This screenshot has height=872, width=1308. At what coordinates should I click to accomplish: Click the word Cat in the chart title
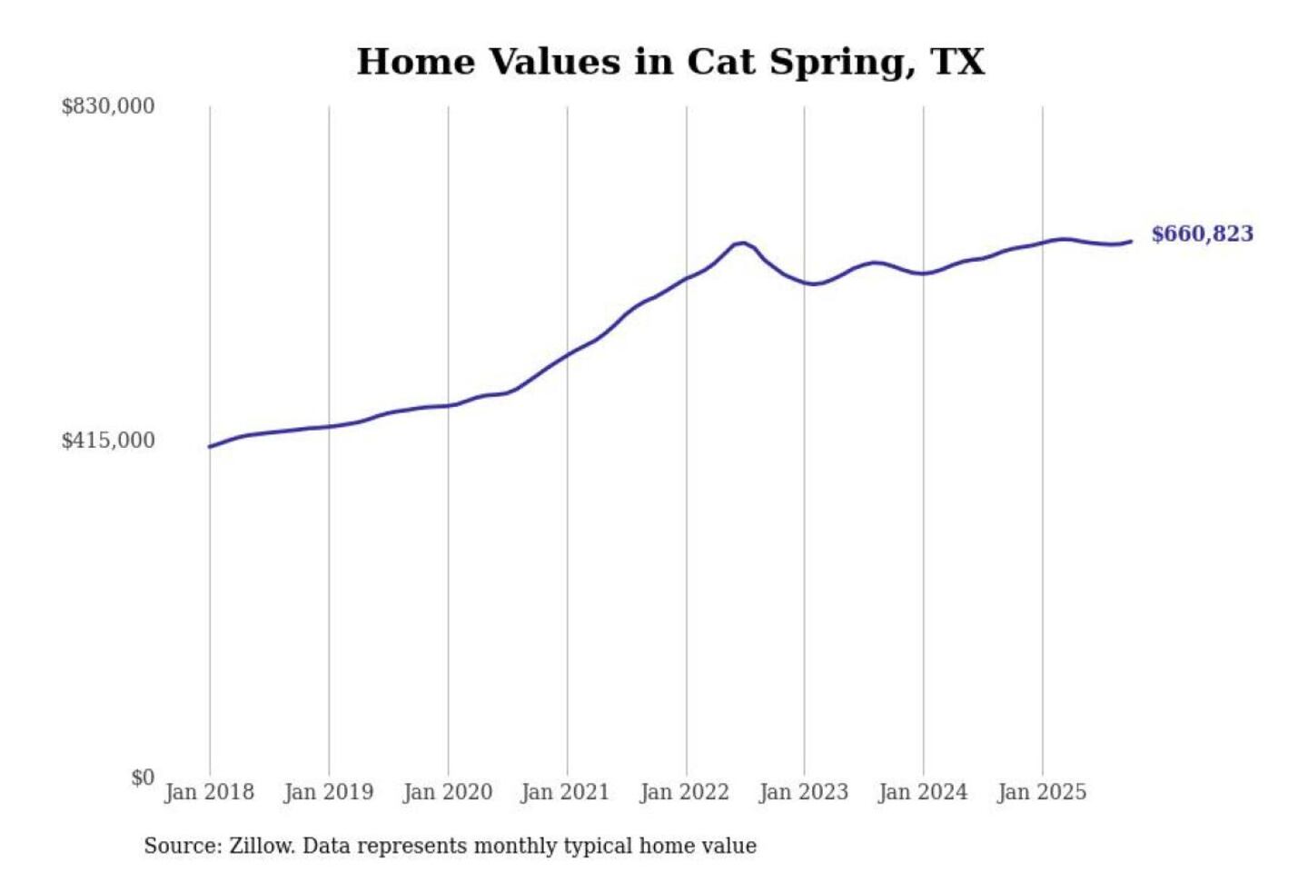pos(720,62)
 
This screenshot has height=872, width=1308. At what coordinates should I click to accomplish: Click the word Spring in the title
pos(842,63)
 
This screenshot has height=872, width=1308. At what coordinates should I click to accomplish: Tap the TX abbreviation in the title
pos(957,62)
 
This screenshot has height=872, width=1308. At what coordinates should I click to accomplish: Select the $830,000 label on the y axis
pos(108,106)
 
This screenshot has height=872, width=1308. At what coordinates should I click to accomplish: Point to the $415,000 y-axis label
pos(108,441)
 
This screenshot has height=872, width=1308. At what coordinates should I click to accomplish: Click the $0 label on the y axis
pos(143,778)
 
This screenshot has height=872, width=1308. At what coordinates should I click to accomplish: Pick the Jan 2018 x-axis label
pos(210,792)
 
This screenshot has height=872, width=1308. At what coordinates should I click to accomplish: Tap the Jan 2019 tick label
pos(329,792)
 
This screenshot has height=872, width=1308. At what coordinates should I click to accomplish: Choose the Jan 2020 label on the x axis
pos(448,792)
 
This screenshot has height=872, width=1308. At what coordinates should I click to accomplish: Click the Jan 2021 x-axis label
pos(566,792)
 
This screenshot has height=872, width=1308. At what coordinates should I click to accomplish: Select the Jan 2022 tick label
pos(685,792)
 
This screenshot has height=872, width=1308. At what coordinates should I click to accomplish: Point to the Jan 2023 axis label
pos(804,792)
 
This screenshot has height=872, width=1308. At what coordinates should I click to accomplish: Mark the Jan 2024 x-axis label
pos(923,792)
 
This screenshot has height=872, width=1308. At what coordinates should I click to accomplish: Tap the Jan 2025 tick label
pos(1042,792)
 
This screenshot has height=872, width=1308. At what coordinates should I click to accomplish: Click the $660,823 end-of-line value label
pos(1202,233)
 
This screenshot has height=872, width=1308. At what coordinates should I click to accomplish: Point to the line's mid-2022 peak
pos(742,243)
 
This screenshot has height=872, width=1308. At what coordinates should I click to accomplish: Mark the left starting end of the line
pos(210,446)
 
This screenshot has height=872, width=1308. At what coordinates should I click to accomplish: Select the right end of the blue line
pos(1131,242)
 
